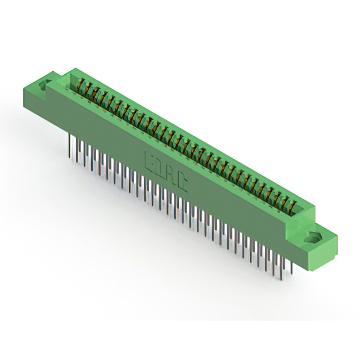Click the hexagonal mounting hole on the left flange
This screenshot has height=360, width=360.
pyautogui.click(x=44, y=86)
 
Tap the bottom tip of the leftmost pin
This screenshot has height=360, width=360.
pyautogui.click(x=70, y=153)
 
